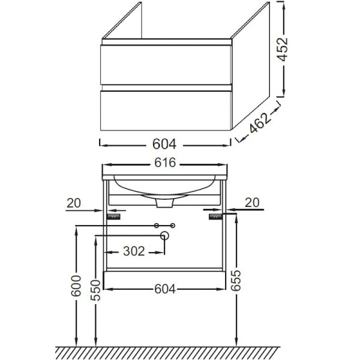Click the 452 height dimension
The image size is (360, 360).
[x=283, y=49]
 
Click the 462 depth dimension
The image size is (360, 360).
[x=259, y=123]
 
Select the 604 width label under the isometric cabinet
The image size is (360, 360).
[x=164, y=144]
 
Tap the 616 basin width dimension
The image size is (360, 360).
[x=165, y=163]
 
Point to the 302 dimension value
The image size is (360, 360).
[x=134, y=251]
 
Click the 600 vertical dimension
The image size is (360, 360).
[x=76, y=286]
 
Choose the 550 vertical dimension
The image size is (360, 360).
[x=95, y=290]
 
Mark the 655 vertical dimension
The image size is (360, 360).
[x=236, y=281]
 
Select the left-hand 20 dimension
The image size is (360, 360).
[x=74, y=203]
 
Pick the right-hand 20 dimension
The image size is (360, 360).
[x=252, y=203]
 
